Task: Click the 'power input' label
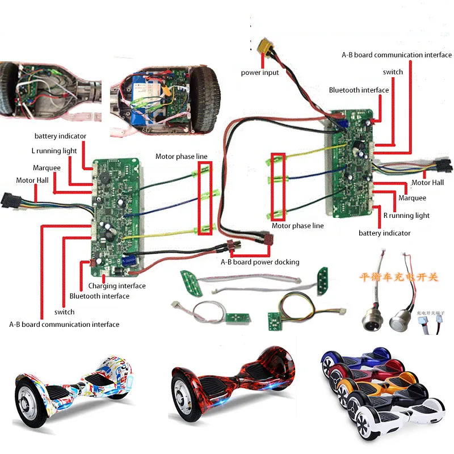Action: click(260, 73)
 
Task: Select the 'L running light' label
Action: click(54, 151)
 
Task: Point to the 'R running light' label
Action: click(406, 216)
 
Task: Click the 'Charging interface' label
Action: click(117, 286)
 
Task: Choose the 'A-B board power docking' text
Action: click(260, 262)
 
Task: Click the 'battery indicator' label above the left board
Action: click(60, 136)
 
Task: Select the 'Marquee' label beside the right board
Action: click(412, 198)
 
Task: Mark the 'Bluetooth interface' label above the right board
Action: click(359, 90)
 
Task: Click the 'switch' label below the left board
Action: click(64, 312)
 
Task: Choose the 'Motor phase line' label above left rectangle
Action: click(182, 157)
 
